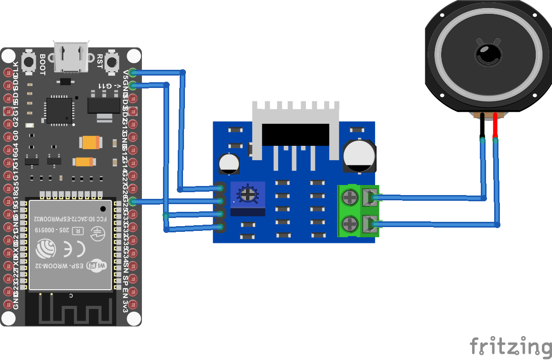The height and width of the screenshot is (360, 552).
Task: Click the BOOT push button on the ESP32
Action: tap(30, 62)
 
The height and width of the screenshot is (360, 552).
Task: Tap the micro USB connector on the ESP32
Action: tap(71, 57)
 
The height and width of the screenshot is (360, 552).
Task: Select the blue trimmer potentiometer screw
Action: tap(247, 194)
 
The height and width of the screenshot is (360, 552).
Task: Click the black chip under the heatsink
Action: tap(296, 134)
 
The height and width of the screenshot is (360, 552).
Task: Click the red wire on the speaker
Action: tap(496, 126)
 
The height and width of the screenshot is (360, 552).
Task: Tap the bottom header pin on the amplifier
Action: tap(220, 228)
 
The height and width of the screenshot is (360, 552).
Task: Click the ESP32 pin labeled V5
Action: tap(132, 73)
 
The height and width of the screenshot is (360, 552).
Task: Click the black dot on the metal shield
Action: tap(103, 208)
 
